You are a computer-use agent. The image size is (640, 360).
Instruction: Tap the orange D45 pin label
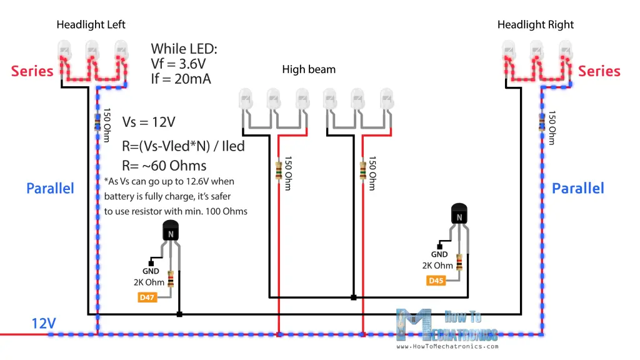pyautogui.click(x=436, y=281)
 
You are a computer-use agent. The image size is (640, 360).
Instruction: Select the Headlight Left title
pyautogui.click(x=91, y=25)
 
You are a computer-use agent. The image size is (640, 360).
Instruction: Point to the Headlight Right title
pyautogui.click(x=536, y=25)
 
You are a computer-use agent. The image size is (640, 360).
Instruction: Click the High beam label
pyautogui.click(x=309, y=69)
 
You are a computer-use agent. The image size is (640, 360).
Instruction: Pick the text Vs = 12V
pyautogui.click(x=149, y=122)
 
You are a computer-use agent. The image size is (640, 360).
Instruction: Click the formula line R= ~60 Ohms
pyautogui.click(x=164, y=166)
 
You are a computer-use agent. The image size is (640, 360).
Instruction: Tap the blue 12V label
pyautogui.click(x=44, y=323)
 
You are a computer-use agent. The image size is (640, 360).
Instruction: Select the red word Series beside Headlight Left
pyautogui.click(x=32, y=71)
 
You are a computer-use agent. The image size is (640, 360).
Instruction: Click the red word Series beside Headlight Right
pyautogui.click(x=599, y=71)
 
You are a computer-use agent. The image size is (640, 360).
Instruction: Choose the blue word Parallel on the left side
pyautogui.click(x=50, y=188)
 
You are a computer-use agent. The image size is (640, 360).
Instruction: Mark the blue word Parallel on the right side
pyautogui.click(x=578, y=188)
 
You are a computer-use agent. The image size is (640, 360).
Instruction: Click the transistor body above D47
pyautogui.click(x=170, y=231)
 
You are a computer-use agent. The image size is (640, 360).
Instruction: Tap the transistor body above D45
pyautogui.click(x=459, y=215)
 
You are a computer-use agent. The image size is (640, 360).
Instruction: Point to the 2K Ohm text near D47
pyautogui.click(x=149, y=282)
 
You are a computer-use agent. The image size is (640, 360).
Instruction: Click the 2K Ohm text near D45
pyautogui.click(x=437, y=266)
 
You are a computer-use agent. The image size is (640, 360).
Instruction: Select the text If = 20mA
pyautogui.click(x=181, y=79)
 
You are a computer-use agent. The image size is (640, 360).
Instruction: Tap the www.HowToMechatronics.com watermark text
pyautogui.click(x=447, y=347)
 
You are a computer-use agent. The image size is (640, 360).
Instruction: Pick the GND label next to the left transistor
pyautogui.click(x=151, y=271)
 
